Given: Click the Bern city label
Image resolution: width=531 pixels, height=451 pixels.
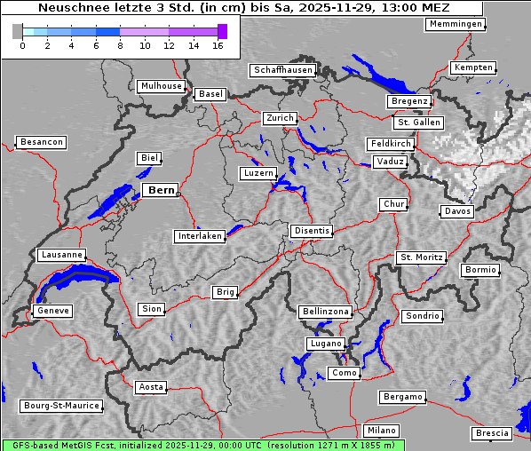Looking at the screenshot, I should pos(161,190).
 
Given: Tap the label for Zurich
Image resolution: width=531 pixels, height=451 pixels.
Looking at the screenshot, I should pos(279,118).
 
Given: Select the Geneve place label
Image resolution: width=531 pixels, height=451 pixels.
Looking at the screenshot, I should pos(52,311).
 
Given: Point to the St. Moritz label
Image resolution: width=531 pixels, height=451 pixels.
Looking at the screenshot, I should pos(421,257).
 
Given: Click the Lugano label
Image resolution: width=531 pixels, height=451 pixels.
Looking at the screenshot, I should pos(324,344).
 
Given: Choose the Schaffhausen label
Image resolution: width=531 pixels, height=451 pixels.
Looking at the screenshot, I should pos(282,70).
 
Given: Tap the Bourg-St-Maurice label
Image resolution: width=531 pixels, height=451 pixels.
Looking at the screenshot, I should pos(60,406).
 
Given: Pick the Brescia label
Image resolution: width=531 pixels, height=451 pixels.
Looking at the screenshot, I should pos(492,433).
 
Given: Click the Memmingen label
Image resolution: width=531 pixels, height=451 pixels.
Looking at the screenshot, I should pos(456,24).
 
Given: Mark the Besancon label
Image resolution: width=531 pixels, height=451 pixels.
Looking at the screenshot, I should pos(41,142).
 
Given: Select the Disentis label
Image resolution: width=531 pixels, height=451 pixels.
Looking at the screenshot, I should pos(311,231).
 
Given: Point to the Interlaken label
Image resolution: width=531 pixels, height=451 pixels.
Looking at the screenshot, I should pos(199,236).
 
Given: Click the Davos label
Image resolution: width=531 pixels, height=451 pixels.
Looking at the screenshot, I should pos(457,211).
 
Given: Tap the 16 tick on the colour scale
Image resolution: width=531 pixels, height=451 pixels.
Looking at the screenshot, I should pos(218,44).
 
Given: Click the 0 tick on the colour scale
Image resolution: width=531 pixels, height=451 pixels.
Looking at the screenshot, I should pos(22,44).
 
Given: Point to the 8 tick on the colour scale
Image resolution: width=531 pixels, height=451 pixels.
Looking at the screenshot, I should pos(120,44).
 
